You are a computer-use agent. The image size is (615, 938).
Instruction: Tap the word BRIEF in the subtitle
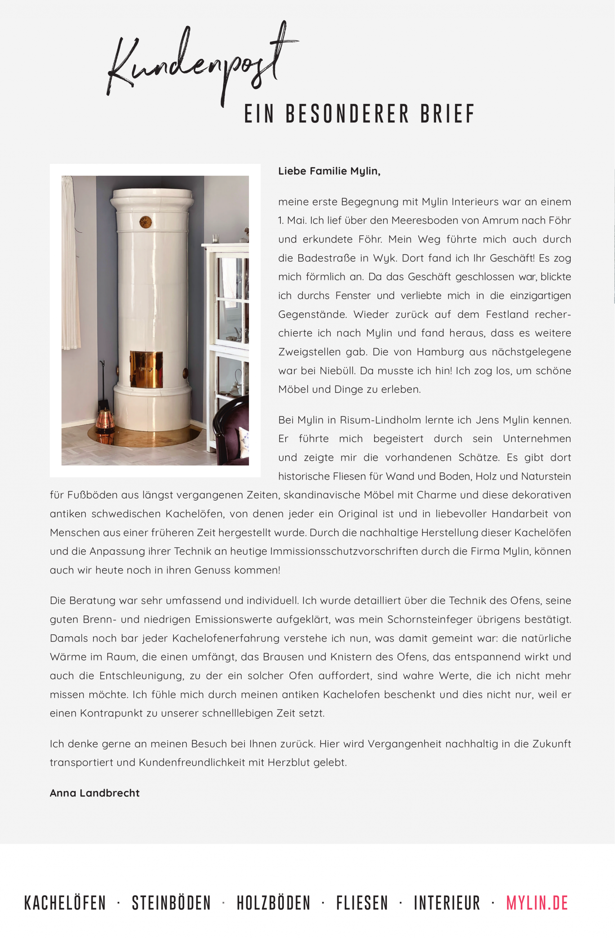coord(448,114)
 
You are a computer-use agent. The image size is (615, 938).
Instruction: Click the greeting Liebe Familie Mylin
coord(329,171)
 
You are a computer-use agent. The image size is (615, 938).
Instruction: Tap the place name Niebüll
coord(337,371)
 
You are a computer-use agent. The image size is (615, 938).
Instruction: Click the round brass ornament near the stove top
coord(145,222)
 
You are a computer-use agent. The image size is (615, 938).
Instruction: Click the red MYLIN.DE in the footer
coord(537,903)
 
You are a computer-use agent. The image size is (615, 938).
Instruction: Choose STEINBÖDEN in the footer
coord(171,903)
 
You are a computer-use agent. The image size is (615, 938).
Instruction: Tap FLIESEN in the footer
coord(362,903)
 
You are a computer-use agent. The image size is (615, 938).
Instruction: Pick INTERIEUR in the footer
coord(447,903)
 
